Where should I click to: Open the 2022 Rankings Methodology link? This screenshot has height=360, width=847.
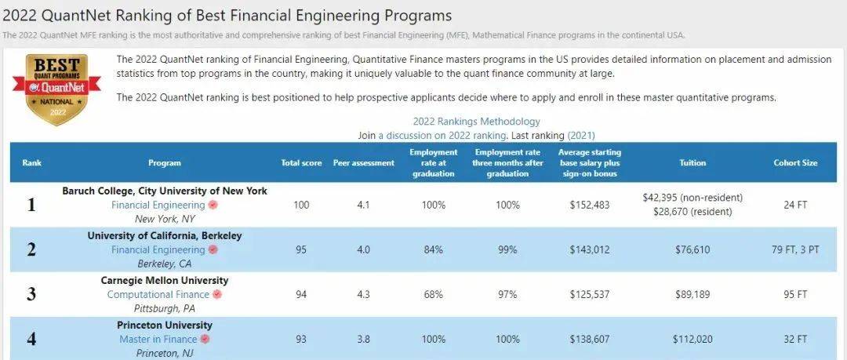pyautogui.click(x=476, y=122)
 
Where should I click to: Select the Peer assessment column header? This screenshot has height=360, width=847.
pyautogui.click(x=363, y=163)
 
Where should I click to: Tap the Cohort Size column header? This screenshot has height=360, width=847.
pyautogui.click(x=795, y=163)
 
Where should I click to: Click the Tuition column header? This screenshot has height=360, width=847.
pyautogui.click(x=693, y=163)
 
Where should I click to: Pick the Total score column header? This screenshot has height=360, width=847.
pyautogui.click(x=301, y=163)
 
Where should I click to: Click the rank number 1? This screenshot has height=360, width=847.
pyautogui.click(x=31, y=205)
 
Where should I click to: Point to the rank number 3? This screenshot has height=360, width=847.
pyautogui.click(x=31, y=295)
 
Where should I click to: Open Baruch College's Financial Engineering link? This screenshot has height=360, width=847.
pyautogui.click(x=158, y=205)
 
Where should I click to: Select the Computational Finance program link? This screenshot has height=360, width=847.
pyautogui.click(x=158, y=294)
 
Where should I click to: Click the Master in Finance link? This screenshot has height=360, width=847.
pyautogui.click(x=158, y=340)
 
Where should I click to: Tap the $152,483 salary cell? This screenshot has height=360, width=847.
pyautogui.click(x=590, y=205)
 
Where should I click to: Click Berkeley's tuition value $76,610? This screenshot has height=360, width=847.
pyautogui.click(x=693, y=250)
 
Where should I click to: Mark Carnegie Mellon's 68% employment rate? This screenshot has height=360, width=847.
pyautogui.click(x=433, y=295)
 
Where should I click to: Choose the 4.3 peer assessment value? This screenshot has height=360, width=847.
pyautogui.click(x=363, y=295)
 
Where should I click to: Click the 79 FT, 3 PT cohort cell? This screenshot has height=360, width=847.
pyautogui.click(x=795, y=250)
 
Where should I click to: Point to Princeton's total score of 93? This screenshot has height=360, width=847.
pyautogui.click(x=301, y=340)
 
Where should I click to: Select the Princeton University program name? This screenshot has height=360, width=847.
pyautogui.click(x=165, y=325)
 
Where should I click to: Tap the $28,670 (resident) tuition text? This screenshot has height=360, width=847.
pyautogui.click(x=693, y=212)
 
